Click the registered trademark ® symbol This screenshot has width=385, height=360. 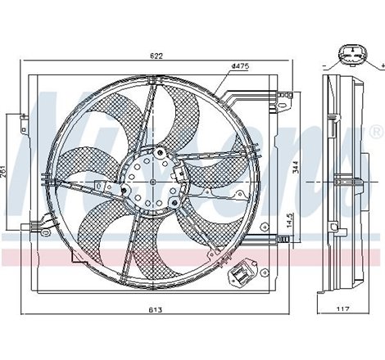point(375,131)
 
